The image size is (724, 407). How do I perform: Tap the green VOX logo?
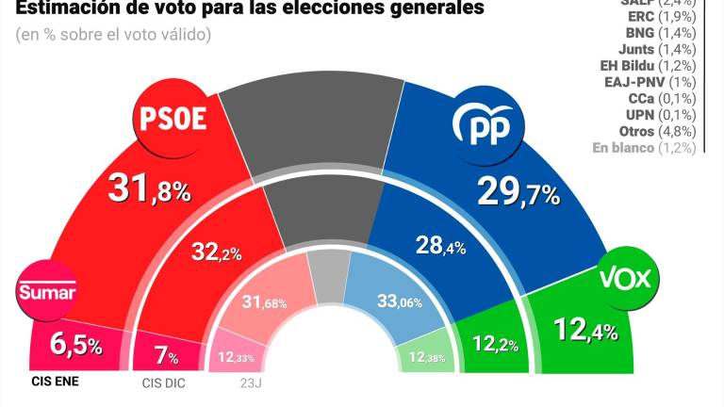pyautogui.click(x=629, y=279)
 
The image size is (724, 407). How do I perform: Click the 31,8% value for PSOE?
pyautogui.click(x=149, y=188)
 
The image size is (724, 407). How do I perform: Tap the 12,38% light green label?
pyautogui.click(x=422, y=356)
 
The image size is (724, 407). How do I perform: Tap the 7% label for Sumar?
pyautogui.click(x=165, y=357)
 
